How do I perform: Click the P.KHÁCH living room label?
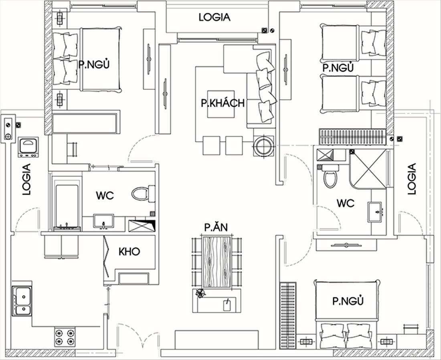tap(223, 103)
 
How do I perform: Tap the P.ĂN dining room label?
tap(216, 227)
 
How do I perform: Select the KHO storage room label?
tap(129, 252)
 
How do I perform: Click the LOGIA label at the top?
tap(214, 17)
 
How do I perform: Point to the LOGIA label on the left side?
tap(26, 179)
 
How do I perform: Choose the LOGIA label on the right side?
tap(411, 179)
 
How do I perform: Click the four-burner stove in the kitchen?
tap(65, 337)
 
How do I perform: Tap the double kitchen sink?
tap(22, 301)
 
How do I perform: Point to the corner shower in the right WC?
tap(368, 169)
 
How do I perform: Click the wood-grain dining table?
tap(217, 262)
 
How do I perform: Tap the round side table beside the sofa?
tap(263, 146)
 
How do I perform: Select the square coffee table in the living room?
tap(221, 104)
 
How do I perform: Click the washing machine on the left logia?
tap(28, 147)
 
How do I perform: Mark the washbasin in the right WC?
tap(375, 212)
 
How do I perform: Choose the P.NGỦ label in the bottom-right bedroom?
tap(348, 301)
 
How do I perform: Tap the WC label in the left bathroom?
tap(105, 195)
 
